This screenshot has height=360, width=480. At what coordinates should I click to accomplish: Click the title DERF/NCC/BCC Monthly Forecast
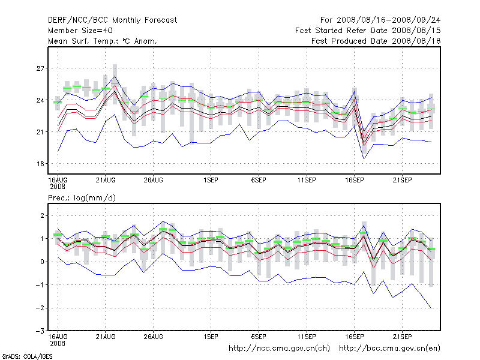112,20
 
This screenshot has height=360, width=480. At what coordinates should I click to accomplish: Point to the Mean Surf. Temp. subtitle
102,41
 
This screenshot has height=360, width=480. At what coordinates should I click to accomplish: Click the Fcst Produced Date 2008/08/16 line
376,41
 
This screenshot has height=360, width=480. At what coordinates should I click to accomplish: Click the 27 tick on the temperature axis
40,68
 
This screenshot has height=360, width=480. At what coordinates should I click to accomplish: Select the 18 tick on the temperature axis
40,164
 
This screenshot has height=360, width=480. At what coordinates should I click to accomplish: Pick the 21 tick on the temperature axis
40,132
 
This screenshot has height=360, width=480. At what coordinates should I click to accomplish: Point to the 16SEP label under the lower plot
355,336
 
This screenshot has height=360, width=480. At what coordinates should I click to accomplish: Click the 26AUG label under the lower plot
154,336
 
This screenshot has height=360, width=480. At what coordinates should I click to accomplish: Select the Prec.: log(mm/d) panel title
79,197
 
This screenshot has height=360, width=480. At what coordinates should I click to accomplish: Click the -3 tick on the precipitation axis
40,331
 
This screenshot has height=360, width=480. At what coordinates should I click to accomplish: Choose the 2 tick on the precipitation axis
42,215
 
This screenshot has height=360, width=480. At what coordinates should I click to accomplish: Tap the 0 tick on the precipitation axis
42,262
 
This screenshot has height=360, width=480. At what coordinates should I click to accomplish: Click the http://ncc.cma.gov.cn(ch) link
280,348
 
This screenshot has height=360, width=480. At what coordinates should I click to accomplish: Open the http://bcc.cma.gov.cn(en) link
390,348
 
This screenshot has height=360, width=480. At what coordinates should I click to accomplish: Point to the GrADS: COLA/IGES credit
27,356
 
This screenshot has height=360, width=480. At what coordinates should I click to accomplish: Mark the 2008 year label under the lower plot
57,343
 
